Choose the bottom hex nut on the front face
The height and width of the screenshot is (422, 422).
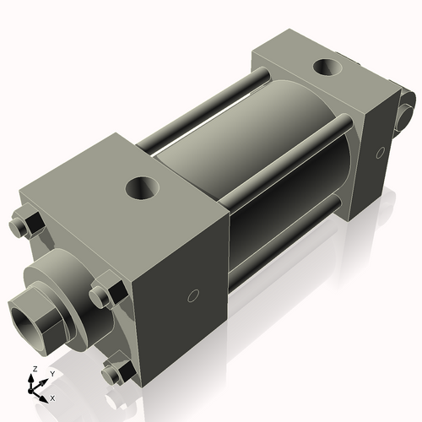(113, 372)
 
